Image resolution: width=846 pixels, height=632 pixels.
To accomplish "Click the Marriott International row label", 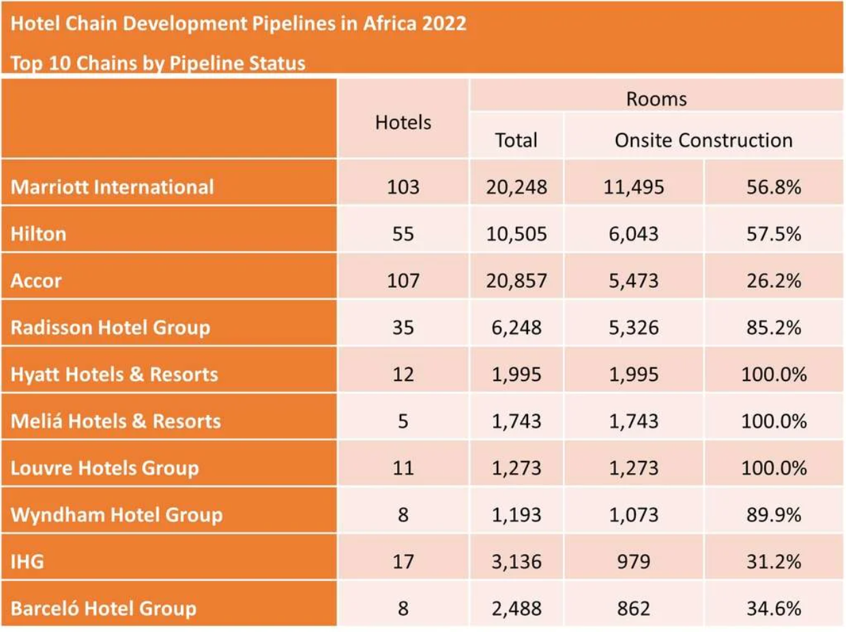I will click(112, 187).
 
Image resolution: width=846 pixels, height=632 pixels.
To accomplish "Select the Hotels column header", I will click(403, 122).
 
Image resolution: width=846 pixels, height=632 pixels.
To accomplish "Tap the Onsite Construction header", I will click(703, 140).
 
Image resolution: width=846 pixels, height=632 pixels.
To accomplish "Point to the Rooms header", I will click(656, 100).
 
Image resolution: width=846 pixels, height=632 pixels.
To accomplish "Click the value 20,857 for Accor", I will click(516, 280).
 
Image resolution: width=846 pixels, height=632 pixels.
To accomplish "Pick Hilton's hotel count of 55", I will click(403, 234).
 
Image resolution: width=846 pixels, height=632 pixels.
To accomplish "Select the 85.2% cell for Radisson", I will click(774, 327).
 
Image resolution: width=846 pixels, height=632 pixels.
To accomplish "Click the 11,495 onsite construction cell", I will click(633, 187).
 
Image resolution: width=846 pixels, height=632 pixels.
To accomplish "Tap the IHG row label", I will click(27, 562).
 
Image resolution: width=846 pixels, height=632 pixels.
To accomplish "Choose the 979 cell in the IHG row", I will click(633, 562).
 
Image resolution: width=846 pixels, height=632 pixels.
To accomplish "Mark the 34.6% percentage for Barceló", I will click(774, 608).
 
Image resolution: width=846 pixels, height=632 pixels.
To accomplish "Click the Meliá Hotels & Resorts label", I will click(115, 421).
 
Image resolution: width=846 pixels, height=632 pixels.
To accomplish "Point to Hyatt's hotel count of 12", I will click(403, 374).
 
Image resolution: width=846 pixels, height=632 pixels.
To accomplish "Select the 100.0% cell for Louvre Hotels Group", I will click(774, 468).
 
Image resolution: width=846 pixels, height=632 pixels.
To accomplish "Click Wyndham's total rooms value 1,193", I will click(516, 515).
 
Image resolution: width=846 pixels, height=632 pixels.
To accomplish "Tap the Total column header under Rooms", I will click(516, 140).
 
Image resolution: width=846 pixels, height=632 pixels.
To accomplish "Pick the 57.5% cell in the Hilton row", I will click(774, 234).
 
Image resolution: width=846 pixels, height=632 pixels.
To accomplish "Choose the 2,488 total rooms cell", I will click(516, 608).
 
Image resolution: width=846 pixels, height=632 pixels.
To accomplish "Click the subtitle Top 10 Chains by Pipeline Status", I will click(158, 63).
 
